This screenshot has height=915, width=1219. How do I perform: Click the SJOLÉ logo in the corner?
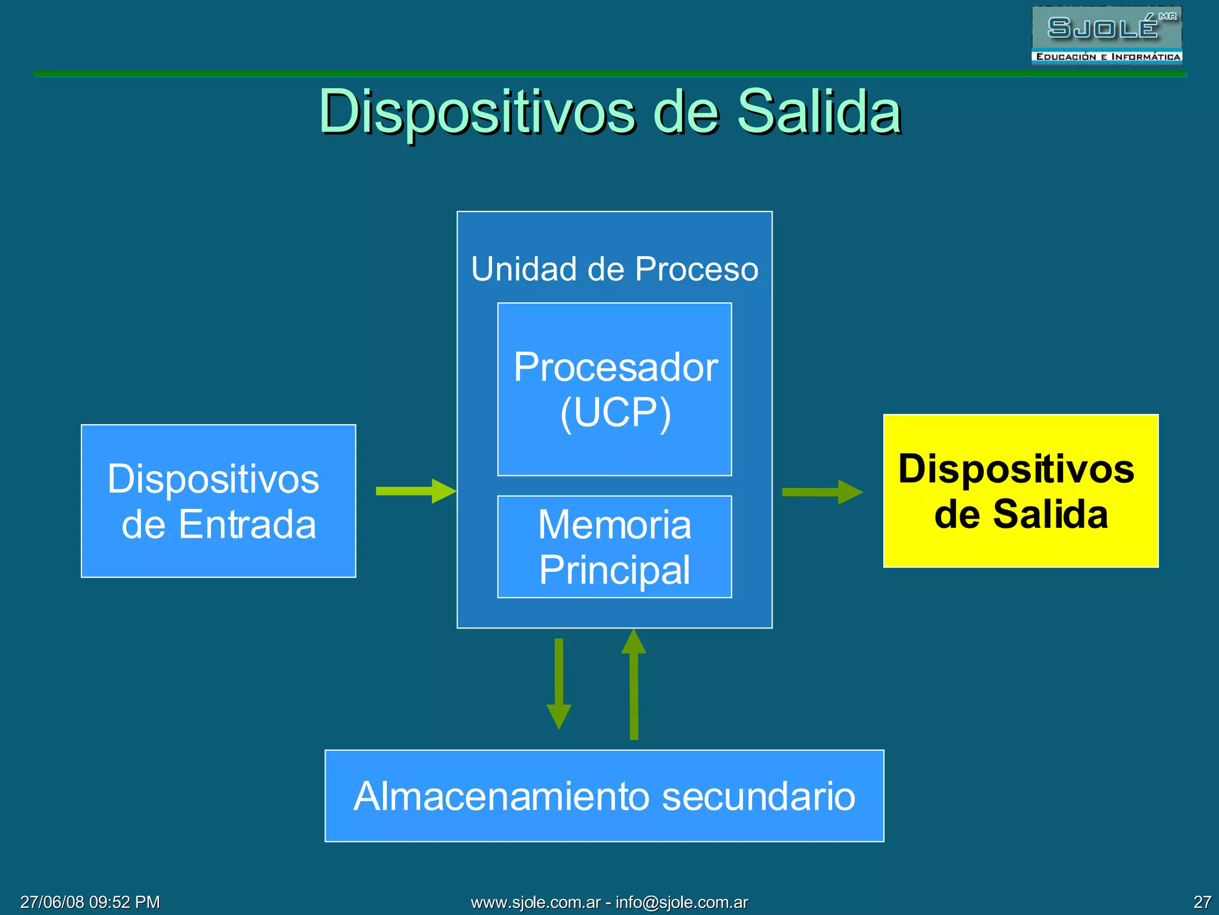tap(1106, 35)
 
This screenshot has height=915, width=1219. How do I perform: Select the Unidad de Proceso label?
tap(614, 269)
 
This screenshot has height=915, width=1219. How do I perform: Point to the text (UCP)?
tap(615, 412)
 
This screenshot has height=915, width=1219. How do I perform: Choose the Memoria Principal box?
tap(614, 546)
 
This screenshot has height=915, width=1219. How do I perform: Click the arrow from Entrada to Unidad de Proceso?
tap(415, 491)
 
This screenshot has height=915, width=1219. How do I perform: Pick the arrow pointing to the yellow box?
tap(821, 492)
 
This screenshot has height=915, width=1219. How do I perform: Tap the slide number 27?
tap(1202, 902)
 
